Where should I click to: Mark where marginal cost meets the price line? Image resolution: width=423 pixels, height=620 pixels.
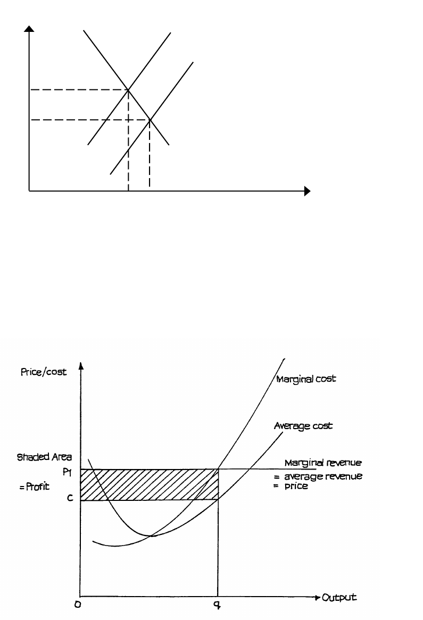(x=218, y=469)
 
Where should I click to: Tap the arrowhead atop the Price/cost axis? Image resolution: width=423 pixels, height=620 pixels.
(x=81, y=365)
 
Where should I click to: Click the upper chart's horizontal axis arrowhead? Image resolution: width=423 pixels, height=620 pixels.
(x=306, y=191)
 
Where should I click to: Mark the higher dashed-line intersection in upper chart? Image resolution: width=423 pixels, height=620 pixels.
(x=128, y=90)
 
